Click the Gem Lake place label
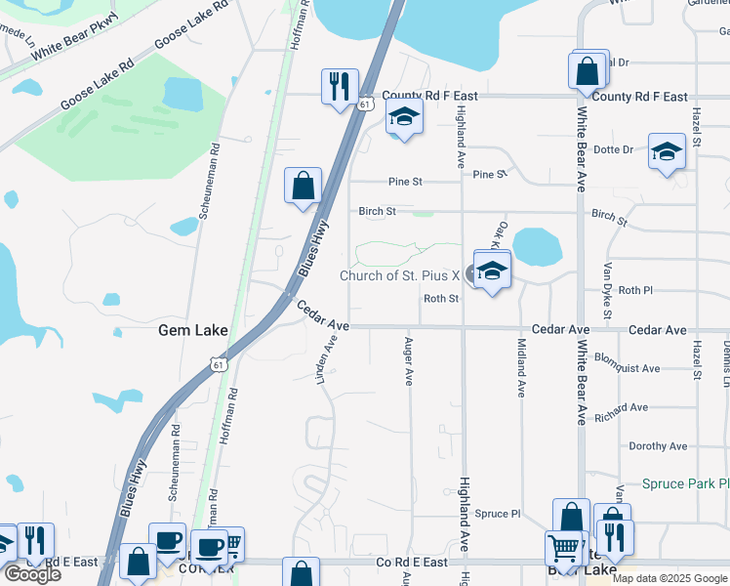(193, 331)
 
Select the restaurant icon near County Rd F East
(340, 86)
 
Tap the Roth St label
(441, 299)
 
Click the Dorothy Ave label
(661, 446)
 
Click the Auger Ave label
(408, 362)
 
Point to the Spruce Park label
(685, 483)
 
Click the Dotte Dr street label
(614, 150)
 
